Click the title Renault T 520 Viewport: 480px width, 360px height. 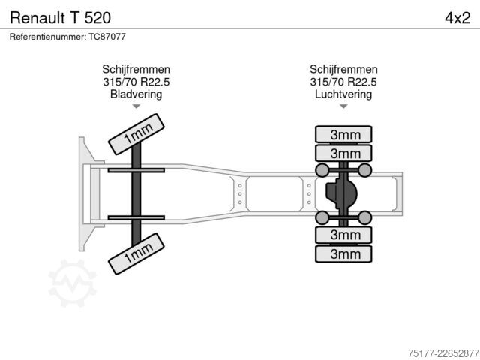click(x=60, y=18)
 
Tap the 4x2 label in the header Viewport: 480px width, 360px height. click(x=457, y=18)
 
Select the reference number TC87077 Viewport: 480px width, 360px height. click(x=107, y=37)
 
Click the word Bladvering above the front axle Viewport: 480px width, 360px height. click(x=136, y=94)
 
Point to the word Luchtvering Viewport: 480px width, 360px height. click(x=343, y=94)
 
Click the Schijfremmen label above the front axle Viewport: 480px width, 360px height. click(x=136, y=70)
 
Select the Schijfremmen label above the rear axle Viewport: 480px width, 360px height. click(x=343, y=70)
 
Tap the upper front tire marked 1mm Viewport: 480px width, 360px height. click(x=136, y=134)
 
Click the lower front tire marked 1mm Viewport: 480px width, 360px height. click(x=136, y=253)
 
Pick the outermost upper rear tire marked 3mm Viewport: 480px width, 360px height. click(x=343, y=134)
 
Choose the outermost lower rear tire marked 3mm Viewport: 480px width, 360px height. click(x=343, y=253)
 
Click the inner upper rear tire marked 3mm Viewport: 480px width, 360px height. click(x=343, y=153)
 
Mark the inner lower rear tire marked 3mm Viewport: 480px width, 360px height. click(x=343, y=235)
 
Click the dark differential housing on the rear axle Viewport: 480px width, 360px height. click(x=342, y=193)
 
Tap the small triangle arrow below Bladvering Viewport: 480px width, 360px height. click(x=136, y=106)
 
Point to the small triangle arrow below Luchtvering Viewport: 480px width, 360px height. click(x=343, y=106)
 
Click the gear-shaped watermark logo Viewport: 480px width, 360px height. click(x=73, y=283)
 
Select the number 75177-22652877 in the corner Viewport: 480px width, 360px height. click(x=443, y=353)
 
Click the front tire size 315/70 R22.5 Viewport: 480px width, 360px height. click(x=136, y=82)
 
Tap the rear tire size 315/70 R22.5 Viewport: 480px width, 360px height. click(x=343, y=82)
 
